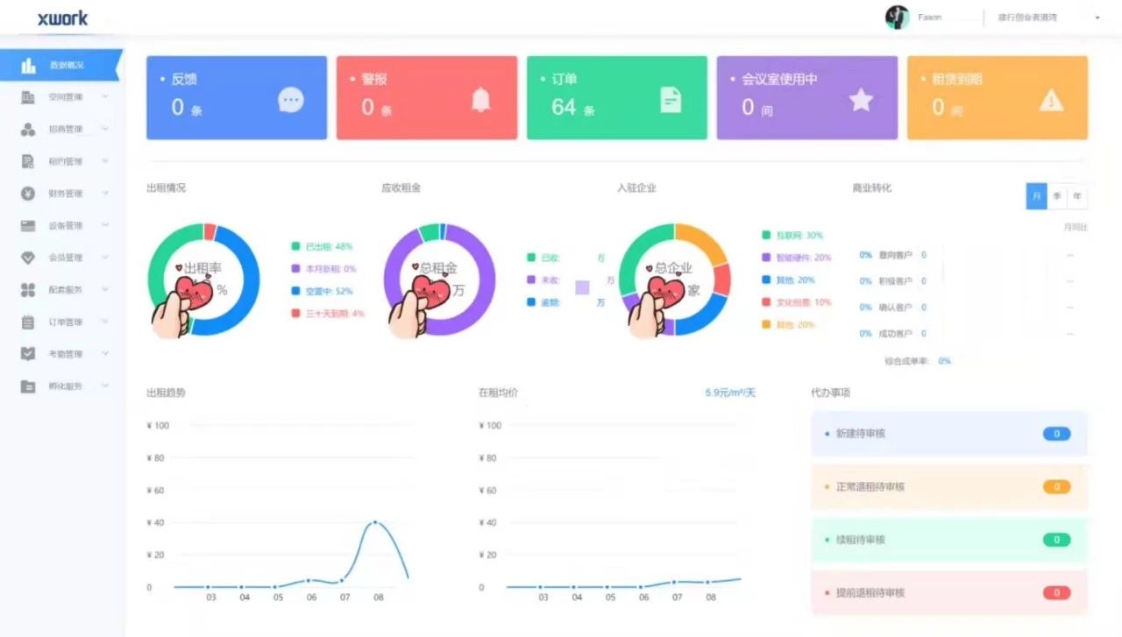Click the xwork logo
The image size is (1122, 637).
point(62,18)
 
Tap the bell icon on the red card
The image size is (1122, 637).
point(480,100)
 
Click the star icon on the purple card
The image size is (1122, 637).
point(861,100)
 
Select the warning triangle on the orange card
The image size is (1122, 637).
point(1051,100)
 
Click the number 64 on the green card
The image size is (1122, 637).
point(564,107)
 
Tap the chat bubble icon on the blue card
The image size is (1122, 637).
point(290,100)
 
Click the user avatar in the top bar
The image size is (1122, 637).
point(897,18)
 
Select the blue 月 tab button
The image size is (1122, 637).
point(1036,196)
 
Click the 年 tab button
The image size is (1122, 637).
point(1076,196)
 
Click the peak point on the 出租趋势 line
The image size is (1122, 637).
point(375,522)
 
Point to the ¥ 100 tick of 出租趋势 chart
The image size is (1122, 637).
point(158,426)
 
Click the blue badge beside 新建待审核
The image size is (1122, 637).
point(1056,434)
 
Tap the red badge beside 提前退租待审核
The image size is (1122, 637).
point(1056,592)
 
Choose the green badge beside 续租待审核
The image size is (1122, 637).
point(1056,540)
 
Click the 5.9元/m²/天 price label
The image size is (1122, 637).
point(729,393)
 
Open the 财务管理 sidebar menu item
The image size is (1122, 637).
point(65,194)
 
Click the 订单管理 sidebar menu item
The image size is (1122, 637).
point(65,322)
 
